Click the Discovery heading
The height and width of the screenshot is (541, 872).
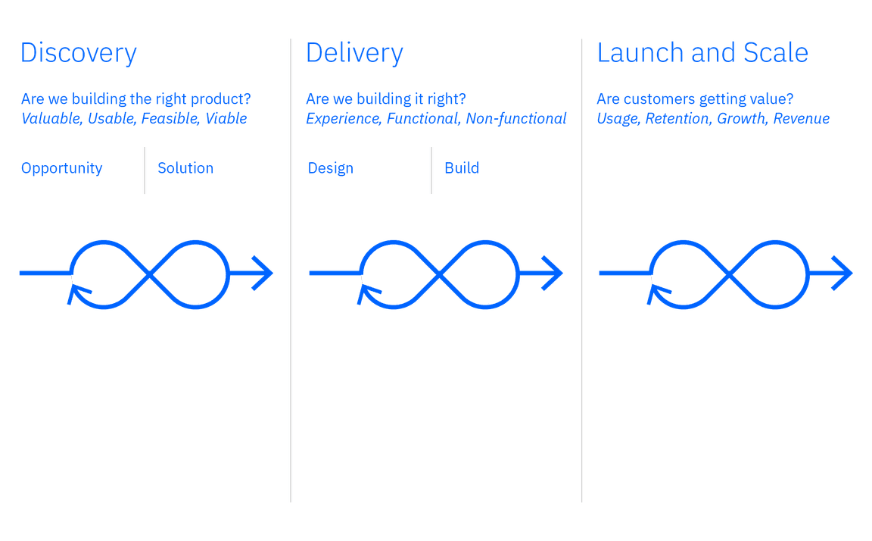(x=79, y=54)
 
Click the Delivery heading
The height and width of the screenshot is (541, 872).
(x=353, y=54)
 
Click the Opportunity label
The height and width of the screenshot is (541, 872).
(x=61, y=169)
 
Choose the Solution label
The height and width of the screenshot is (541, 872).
(x=185, y=168)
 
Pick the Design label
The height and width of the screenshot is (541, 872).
(x=330, y=169)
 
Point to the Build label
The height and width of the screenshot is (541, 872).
(x=461, y=168)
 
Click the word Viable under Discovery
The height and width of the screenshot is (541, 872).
(x=226, y=119)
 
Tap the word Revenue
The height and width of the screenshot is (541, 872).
(x=801, y=119)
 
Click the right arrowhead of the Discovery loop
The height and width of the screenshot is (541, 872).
(x=264, y=274)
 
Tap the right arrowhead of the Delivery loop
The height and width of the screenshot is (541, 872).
(x=554, y=274)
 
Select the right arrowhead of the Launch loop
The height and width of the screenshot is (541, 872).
(x=845, y=274)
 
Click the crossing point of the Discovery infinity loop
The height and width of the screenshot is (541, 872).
(x=149, y=274)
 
